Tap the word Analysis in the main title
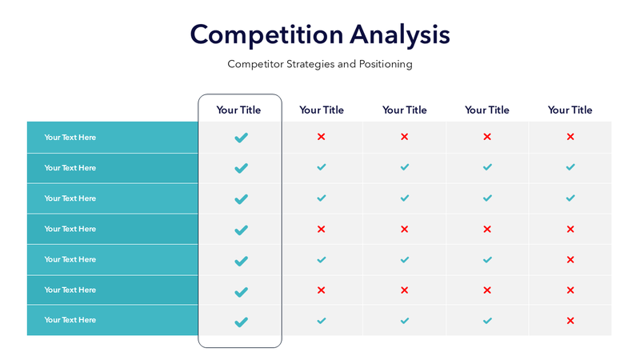point(400,35)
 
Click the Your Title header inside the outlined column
point(238,110)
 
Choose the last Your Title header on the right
point(570,110)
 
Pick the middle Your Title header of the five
point(405,110)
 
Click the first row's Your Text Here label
point(70,138)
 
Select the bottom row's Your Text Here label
point(70,320)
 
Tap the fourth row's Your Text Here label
point(70,229)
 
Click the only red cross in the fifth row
point(570,260)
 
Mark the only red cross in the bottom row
point(570,321)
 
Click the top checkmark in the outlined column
point(241,138)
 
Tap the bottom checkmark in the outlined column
point(241,322)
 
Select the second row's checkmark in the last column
point(570,167)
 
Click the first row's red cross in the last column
point(570,137)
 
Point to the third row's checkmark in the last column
point(570,198)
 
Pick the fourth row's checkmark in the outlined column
point(241,230)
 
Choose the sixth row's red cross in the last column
point(570,290)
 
